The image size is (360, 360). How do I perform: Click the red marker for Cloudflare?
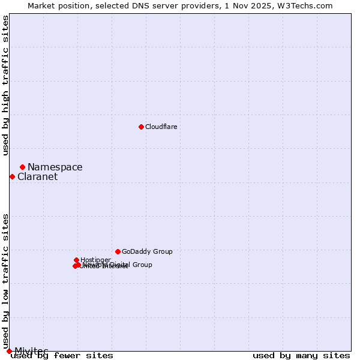pyautogui.click(x=141, y=127)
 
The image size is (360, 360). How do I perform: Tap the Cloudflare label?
pyautogui.click(x=161, y=127)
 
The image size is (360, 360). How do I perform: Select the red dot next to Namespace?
pyautogui.click(x=22, y=167)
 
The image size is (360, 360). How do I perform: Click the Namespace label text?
pyautogui.click(x=55, y=167)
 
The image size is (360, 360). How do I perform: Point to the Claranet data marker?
pyautogui.click(x=12, y=176)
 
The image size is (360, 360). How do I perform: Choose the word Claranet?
pyautogui.click(x=37, y=177)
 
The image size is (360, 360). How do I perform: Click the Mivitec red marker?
pyautogui.click(x=9, y=351)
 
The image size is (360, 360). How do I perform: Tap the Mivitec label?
pyautogui.click(x=31, y=351)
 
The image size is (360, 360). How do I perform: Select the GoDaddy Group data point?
pyautogui.click(x=118, y=251)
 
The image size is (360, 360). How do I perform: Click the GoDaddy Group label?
pyautogui.click(x=147, y=252)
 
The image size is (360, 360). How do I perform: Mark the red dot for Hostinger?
pyautogui.click(x=77, y=260)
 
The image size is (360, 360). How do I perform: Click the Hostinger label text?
pyautogui.click(x=95, y=260)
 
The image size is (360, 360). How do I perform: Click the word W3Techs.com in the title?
pyautogui.click(x=308, y=5)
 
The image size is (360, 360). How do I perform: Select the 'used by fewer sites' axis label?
pyautogui.click(x=62, y=356)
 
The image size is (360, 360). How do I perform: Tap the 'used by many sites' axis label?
pyautogui.click(x=301, y=356)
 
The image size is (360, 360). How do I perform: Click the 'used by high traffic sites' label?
pyautogui.click(x=6, y=85)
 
